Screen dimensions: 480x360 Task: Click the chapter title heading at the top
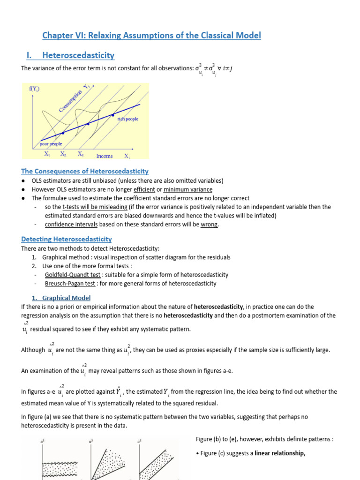(151, 36)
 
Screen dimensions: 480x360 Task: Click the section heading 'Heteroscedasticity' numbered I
(78, 55)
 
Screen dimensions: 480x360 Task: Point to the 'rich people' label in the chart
(127, 119)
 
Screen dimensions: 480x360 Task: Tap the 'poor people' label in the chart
(51, 144)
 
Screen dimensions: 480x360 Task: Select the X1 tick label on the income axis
(47, 154)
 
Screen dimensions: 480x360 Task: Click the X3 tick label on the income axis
(81, 154)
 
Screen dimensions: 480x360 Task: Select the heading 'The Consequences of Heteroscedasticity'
(85, 172)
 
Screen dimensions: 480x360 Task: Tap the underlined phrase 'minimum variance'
(187, 189)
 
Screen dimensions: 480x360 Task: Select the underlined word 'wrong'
(209, 225)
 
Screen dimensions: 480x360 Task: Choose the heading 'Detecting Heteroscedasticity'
(67, 239)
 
